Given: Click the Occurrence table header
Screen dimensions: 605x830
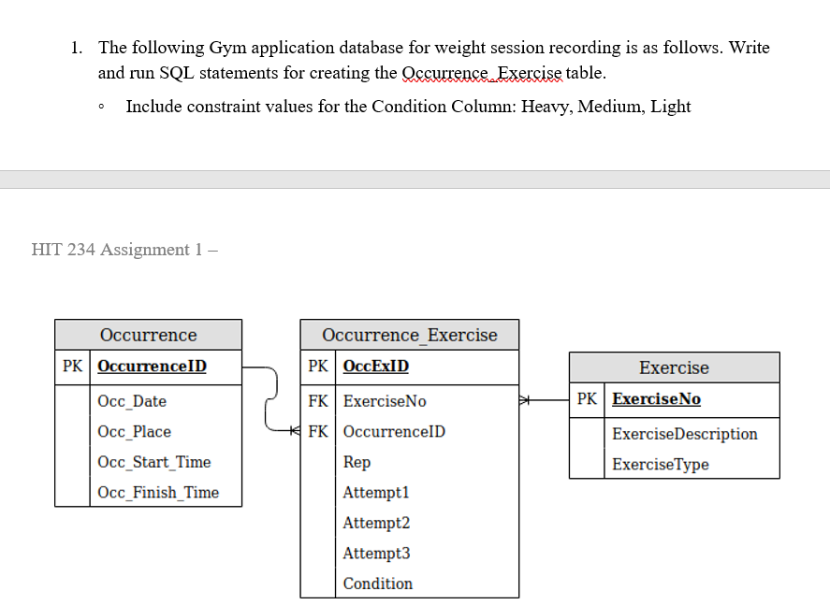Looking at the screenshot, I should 148,335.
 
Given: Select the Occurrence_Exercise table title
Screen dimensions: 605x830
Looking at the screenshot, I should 409,335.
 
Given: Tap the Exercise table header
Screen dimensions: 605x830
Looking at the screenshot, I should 674,367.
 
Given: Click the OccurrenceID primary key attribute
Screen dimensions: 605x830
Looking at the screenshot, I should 152,367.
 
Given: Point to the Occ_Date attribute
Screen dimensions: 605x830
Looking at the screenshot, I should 132,401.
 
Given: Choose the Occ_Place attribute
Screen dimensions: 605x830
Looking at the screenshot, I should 134,432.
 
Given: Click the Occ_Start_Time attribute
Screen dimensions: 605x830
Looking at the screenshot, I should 153,462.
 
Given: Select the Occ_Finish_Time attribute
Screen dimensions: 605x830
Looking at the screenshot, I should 157,493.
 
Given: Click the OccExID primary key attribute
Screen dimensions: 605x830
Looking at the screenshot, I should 375,367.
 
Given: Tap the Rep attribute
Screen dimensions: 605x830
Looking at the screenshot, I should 357,462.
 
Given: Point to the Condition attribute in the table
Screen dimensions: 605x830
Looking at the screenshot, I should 377,583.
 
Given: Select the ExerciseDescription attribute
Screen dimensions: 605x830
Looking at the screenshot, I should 684,434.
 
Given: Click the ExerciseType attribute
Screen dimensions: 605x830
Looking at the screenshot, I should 661,465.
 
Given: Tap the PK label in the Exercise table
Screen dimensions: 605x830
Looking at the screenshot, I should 587,399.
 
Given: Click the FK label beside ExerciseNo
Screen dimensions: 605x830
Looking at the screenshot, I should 317,401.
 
